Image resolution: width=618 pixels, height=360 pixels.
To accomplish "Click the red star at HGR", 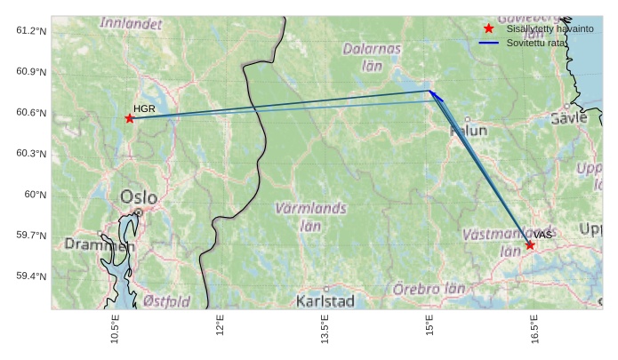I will [130, 118].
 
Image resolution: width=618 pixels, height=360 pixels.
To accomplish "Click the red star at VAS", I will [530, 244].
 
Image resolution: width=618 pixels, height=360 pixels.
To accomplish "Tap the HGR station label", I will [144, 108].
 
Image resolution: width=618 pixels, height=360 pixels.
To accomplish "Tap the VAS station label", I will [543, 235].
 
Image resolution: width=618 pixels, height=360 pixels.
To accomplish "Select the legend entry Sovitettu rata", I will [529, 42].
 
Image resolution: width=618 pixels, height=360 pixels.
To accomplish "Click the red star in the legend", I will [488, 28].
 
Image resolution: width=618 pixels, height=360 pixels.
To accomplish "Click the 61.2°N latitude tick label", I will [31, 31].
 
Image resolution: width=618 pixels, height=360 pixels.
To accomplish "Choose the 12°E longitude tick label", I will [220, 328].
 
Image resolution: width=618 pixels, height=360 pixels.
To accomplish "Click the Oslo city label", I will [138, 197].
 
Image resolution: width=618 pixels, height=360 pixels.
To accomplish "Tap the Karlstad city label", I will [325, 300].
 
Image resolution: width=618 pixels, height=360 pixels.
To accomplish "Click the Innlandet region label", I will [131, 21].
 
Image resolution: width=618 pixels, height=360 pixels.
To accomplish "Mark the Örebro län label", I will [429, 289].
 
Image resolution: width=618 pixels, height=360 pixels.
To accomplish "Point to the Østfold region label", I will [166, 301].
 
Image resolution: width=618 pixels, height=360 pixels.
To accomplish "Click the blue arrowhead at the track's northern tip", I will [431, 92].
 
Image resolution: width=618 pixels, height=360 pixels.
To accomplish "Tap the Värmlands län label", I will [310, 217].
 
